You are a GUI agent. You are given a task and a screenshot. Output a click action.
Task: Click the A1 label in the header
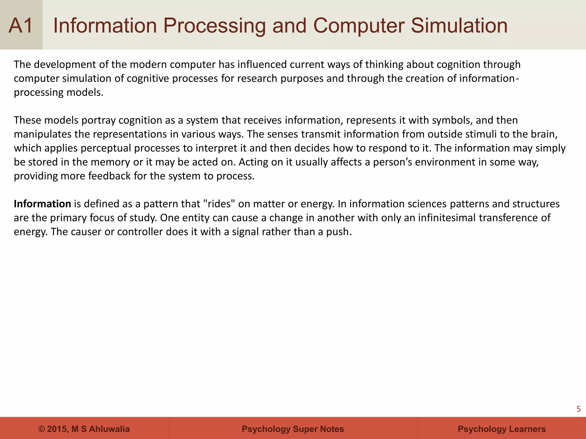(21, 26)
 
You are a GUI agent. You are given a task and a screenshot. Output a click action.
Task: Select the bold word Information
(42, 204)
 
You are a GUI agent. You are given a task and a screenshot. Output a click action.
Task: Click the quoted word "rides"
(219, 204)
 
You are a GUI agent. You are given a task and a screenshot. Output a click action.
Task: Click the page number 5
(578, 409)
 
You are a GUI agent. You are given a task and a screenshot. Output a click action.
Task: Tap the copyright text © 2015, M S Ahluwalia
(84, 429)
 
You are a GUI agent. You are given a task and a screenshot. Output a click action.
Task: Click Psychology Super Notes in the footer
(293, 429)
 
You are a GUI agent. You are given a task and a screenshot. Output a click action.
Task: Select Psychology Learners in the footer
(502, 429)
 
